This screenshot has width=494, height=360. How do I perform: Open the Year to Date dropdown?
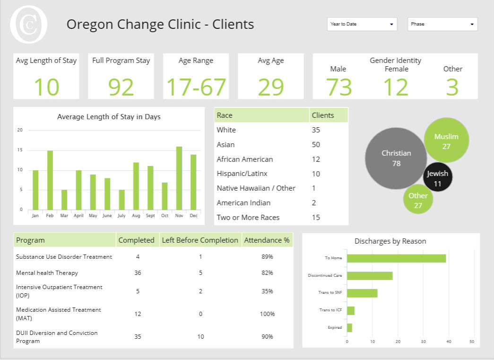pyautogui.click(x=362, y=24)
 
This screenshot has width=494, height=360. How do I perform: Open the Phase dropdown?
pyautogui.click(x=442, y=24)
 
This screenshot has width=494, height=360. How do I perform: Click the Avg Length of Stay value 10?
pyautogui.click(x=46, y=87)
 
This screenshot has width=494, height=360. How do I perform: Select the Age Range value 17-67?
pyautogui.click(x=196, y=87)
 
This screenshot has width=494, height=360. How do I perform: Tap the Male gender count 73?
pyautogui.click(x=339, y=87)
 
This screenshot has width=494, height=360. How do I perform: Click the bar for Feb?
pyautogui.click(x=50, y=180)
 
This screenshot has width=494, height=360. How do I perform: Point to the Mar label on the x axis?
pyautogui.click(x=64, y=216)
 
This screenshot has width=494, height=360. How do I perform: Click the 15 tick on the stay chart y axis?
pyautogui.click(x=19, y=150)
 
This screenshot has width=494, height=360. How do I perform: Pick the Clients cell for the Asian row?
pyautogui.click(x=316, y=145)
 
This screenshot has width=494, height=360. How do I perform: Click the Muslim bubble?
pyautogui.click(x=446, y=141)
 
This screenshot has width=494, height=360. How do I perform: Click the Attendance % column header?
pyautogui.click(x=267, y=240)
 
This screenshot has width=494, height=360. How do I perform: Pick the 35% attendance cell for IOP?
pyautogui.click(x=267, y=291)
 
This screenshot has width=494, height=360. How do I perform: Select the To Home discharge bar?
pyautogui.click(x=396, y=258)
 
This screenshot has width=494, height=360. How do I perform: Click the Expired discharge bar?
pyautogui.click(x=349, y=327)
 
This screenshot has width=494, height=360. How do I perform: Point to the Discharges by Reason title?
pyautogui.click(x=390, y=241)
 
